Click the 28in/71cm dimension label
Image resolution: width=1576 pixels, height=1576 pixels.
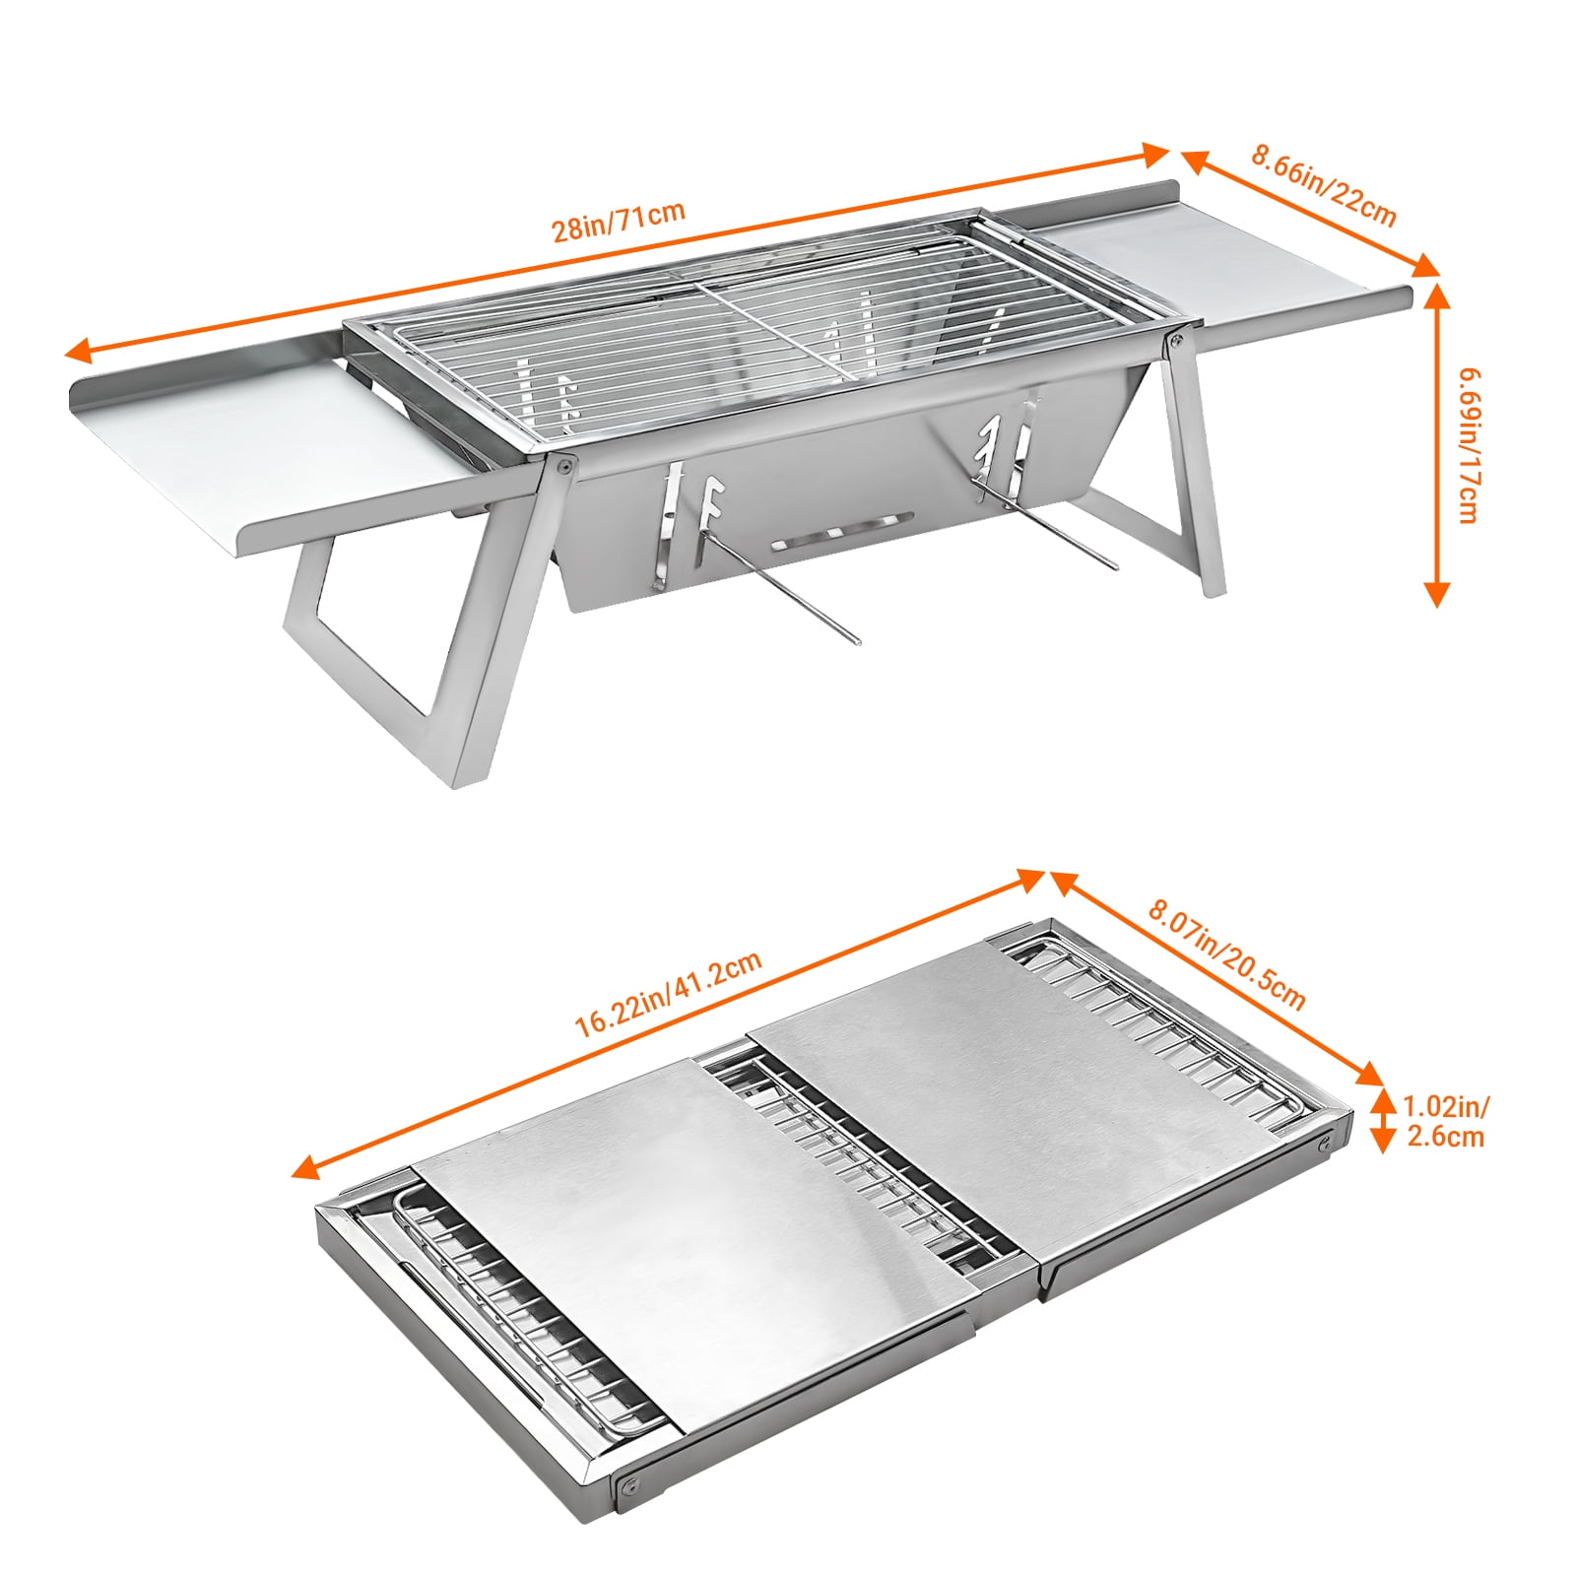coord(618,222)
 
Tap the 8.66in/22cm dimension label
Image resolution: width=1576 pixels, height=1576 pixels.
coord(1324,185)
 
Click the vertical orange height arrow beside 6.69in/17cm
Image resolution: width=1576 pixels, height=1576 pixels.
coord(1437,444)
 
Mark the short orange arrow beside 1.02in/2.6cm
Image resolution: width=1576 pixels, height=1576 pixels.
coord(1382,1120)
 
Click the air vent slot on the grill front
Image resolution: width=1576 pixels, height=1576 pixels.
coord(841,530)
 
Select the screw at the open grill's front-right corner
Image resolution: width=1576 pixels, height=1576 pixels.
coord(1175,341)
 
